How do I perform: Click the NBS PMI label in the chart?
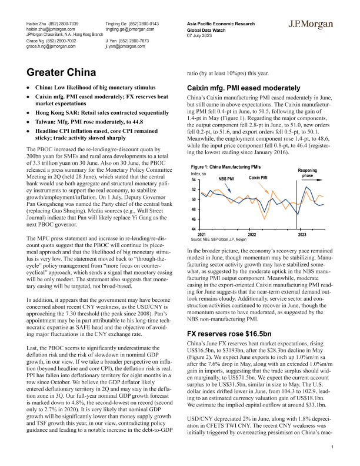tap(226, 178)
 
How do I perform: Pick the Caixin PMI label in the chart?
tap(258, 177)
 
